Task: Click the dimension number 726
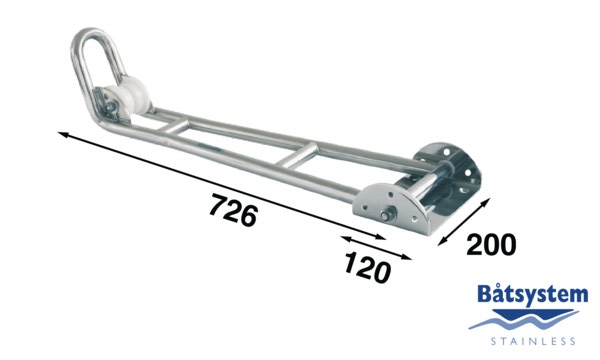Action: (x=233, y=211)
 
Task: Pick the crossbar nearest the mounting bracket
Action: (x=296, y=156)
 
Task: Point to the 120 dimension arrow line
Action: (x=375, y=248)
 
